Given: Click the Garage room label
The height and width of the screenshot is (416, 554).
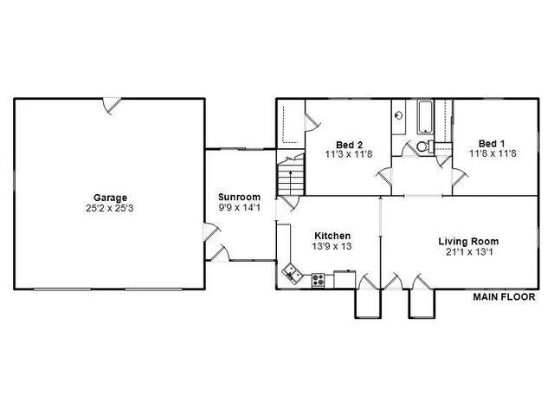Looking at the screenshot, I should [x=110, y=198].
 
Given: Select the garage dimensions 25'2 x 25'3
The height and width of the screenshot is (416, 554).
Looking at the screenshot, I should [x=110, y=209].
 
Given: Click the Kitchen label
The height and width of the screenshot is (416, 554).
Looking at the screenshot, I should [x=332, y=236].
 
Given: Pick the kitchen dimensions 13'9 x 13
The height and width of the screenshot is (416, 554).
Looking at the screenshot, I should [x=332, y=247].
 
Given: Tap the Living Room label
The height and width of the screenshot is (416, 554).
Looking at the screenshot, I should [x=468, y=242].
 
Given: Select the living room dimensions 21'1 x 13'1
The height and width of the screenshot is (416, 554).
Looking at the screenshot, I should [x=468, y=253].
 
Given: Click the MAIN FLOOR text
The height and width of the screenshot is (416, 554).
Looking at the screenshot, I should [x=504, y=297].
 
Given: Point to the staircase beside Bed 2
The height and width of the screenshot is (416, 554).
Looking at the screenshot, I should [x=290, y=178].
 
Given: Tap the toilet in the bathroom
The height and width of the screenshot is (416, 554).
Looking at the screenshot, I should [x=422, y=146].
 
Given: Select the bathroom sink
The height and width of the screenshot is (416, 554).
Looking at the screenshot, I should [x=399, y=114].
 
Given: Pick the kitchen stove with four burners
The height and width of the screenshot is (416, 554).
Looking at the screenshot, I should [x=318, y=280].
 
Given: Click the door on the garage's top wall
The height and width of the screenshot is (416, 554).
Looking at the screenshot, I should [x=113, y=105].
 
